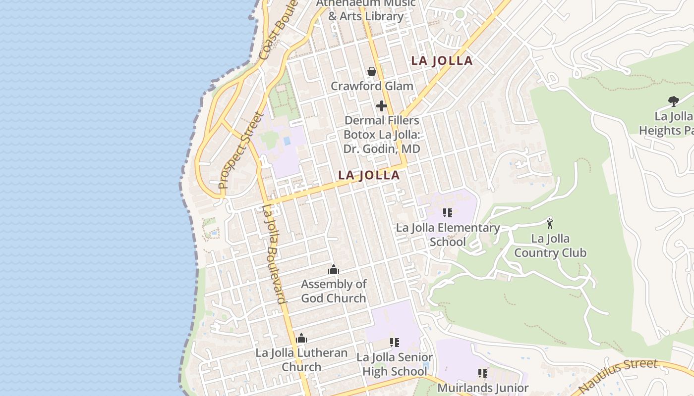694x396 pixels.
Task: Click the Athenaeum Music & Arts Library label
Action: click(366, 10)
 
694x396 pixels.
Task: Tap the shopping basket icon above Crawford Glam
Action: click(372, 71)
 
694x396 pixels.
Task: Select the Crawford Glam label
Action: click(372, 86)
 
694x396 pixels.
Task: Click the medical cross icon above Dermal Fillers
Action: click(382, 106)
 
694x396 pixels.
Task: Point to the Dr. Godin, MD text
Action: click(382, 148)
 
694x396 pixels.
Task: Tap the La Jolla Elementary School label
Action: click(448, 235)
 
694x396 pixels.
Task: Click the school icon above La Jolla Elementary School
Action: click(448, 213)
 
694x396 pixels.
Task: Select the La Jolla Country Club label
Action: click(550, 246)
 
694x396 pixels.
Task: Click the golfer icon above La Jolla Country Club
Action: click(549, 223)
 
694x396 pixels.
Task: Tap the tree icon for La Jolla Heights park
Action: click(673, 101)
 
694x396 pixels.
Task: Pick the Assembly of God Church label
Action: click(334, 291)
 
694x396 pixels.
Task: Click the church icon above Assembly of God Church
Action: click(334, 270)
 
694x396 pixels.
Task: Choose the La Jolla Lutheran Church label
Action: click(301, 360)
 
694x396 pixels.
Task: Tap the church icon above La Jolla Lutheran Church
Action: click(301, 339)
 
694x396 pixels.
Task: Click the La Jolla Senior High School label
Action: click(395, 364)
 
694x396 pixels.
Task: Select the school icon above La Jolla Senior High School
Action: click(395, 343)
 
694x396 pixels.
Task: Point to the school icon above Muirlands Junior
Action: click(483, 373)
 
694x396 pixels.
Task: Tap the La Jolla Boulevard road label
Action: click(274, 253)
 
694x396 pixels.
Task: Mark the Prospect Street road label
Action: click(241, 151)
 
